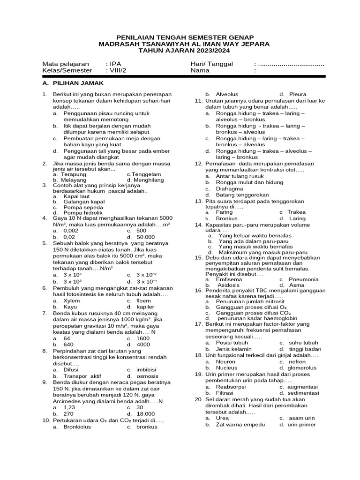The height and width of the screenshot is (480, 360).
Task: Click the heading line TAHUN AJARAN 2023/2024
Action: (180, 51)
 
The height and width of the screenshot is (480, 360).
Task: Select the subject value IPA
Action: (115, 64)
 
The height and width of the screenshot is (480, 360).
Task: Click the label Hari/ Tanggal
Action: (211, 64)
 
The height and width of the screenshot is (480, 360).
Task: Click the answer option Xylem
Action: (72, 300)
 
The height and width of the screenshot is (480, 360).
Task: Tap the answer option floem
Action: (144, 300)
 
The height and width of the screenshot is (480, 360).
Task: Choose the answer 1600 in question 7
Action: (143, 338)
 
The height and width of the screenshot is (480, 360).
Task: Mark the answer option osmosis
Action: (148, 376)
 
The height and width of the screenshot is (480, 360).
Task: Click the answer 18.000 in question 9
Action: (145, 413)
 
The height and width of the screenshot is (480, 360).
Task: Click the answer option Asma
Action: (297, 285)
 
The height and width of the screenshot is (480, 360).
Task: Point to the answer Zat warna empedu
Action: (240, 424)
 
